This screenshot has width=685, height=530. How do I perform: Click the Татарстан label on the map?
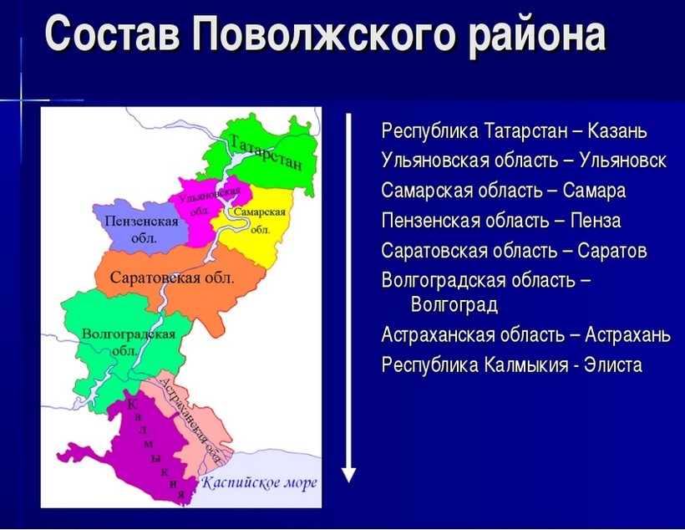click(x=265, y=152)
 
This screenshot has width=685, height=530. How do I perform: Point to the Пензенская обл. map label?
click(x=141, y=229)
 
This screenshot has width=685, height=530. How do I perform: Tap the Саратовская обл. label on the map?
click(x=172, y=278)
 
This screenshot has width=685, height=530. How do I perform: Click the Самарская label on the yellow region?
click(x=260, y=212)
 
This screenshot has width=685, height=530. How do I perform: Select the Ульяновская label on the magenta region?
click(x=210, y=196)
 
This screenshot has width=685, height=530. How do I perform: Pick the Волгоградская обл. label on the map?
click(x=129, y=342)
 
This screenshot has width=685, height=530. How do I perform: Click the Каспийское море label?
click(x=259, y=483)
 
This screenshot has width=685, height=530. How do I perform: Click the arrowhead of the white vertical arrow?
click(x=348, y=475)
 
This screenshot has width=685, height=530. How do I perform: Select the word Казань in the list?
click(x=616, y=130)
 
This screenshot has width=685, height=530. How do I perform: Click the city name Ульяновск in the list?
click(x=622, y=161)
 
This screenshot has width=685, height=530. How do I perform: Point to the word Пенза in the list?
click(x=596, y=221)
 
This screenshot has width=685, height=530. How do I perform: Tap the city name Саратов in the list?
click(x=612, y=251)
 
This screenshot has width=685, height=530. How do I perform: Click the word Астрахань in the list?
click(x=627, y=335)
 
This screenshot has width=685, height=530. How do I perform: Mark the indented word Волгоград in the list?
click(x=454, y=305)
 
